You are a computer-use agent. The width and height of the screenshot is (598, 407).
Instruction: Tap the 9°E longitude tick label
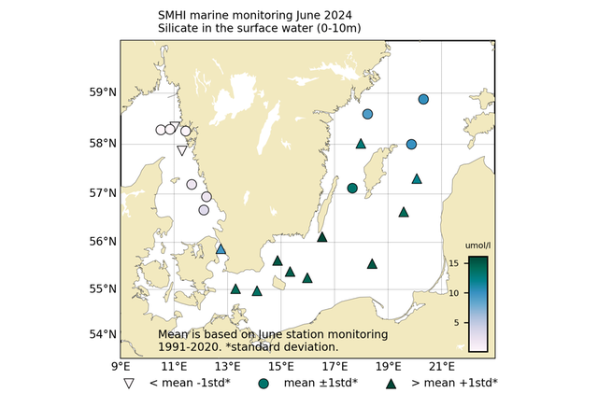click(x=121, y=366)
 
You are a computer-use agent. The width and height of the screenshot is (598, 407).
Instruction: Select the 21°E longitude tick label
click(x=442, y=366)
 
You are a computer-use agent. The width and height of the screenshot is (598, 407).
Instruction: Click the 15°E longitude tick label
click(x=281, y=366)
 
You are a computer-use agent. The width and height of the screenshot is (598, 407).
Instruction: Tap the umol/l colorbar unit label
click(x=477, y=246)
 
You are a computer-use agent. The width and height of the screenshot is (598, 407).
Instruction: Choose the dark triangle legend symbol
click(x=392, y=383)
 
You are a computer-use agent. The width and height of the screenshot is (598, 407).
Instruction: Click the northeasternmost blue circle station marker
click(x=423, y=99)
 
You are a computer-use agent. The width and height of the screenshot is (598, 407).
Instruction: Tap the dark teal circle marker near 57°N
click(x=352, y=189)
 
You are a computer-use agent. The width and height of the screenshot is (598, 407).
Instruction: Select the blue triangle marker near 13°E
click(x=221, y=249)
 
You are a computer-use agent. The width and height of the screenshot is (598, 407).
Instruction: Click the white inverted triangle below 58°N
click(x=182, y=150)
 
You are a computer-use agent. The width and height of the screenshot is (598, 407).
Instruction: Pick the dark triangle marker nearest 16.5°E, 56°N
click(x=322, y=237)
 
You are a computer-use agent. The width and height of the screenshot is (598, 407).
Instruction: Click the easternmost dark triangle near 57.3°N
click(x=417, y=178)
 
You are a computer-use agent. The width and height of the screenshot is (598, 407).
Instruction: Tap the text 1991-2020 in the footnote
click(x=187, y=346)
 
